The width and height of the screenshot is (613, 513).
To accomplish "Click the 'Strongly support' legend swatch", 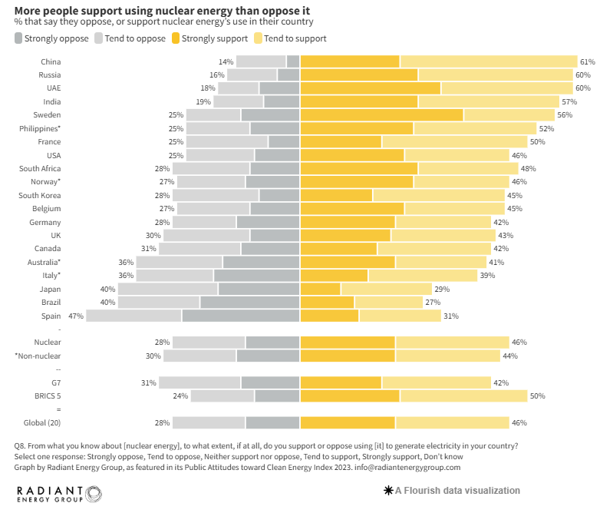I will [x=176, y=38].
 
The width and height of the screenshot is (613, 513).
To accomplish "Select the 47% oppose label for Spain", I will [x=75, y=316].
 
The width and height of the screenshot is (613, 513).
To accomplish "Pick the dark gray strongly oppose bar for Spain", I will [x=240, y=316].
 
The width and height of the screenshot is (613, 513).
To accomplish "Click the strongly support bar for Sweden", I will [x=381, y=115].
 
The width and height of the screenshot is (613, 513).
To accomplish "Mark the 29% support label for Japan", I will [x=442, y=289].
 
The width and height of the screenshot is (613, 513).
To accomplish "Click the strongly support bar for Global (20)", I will [x=348, y=422].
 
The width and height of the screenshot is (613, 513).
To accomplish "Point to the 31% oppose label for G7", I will [x=148, y=382].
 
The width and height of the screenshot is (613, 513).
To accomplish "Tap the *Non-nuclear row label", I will [x=38, y=356].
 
